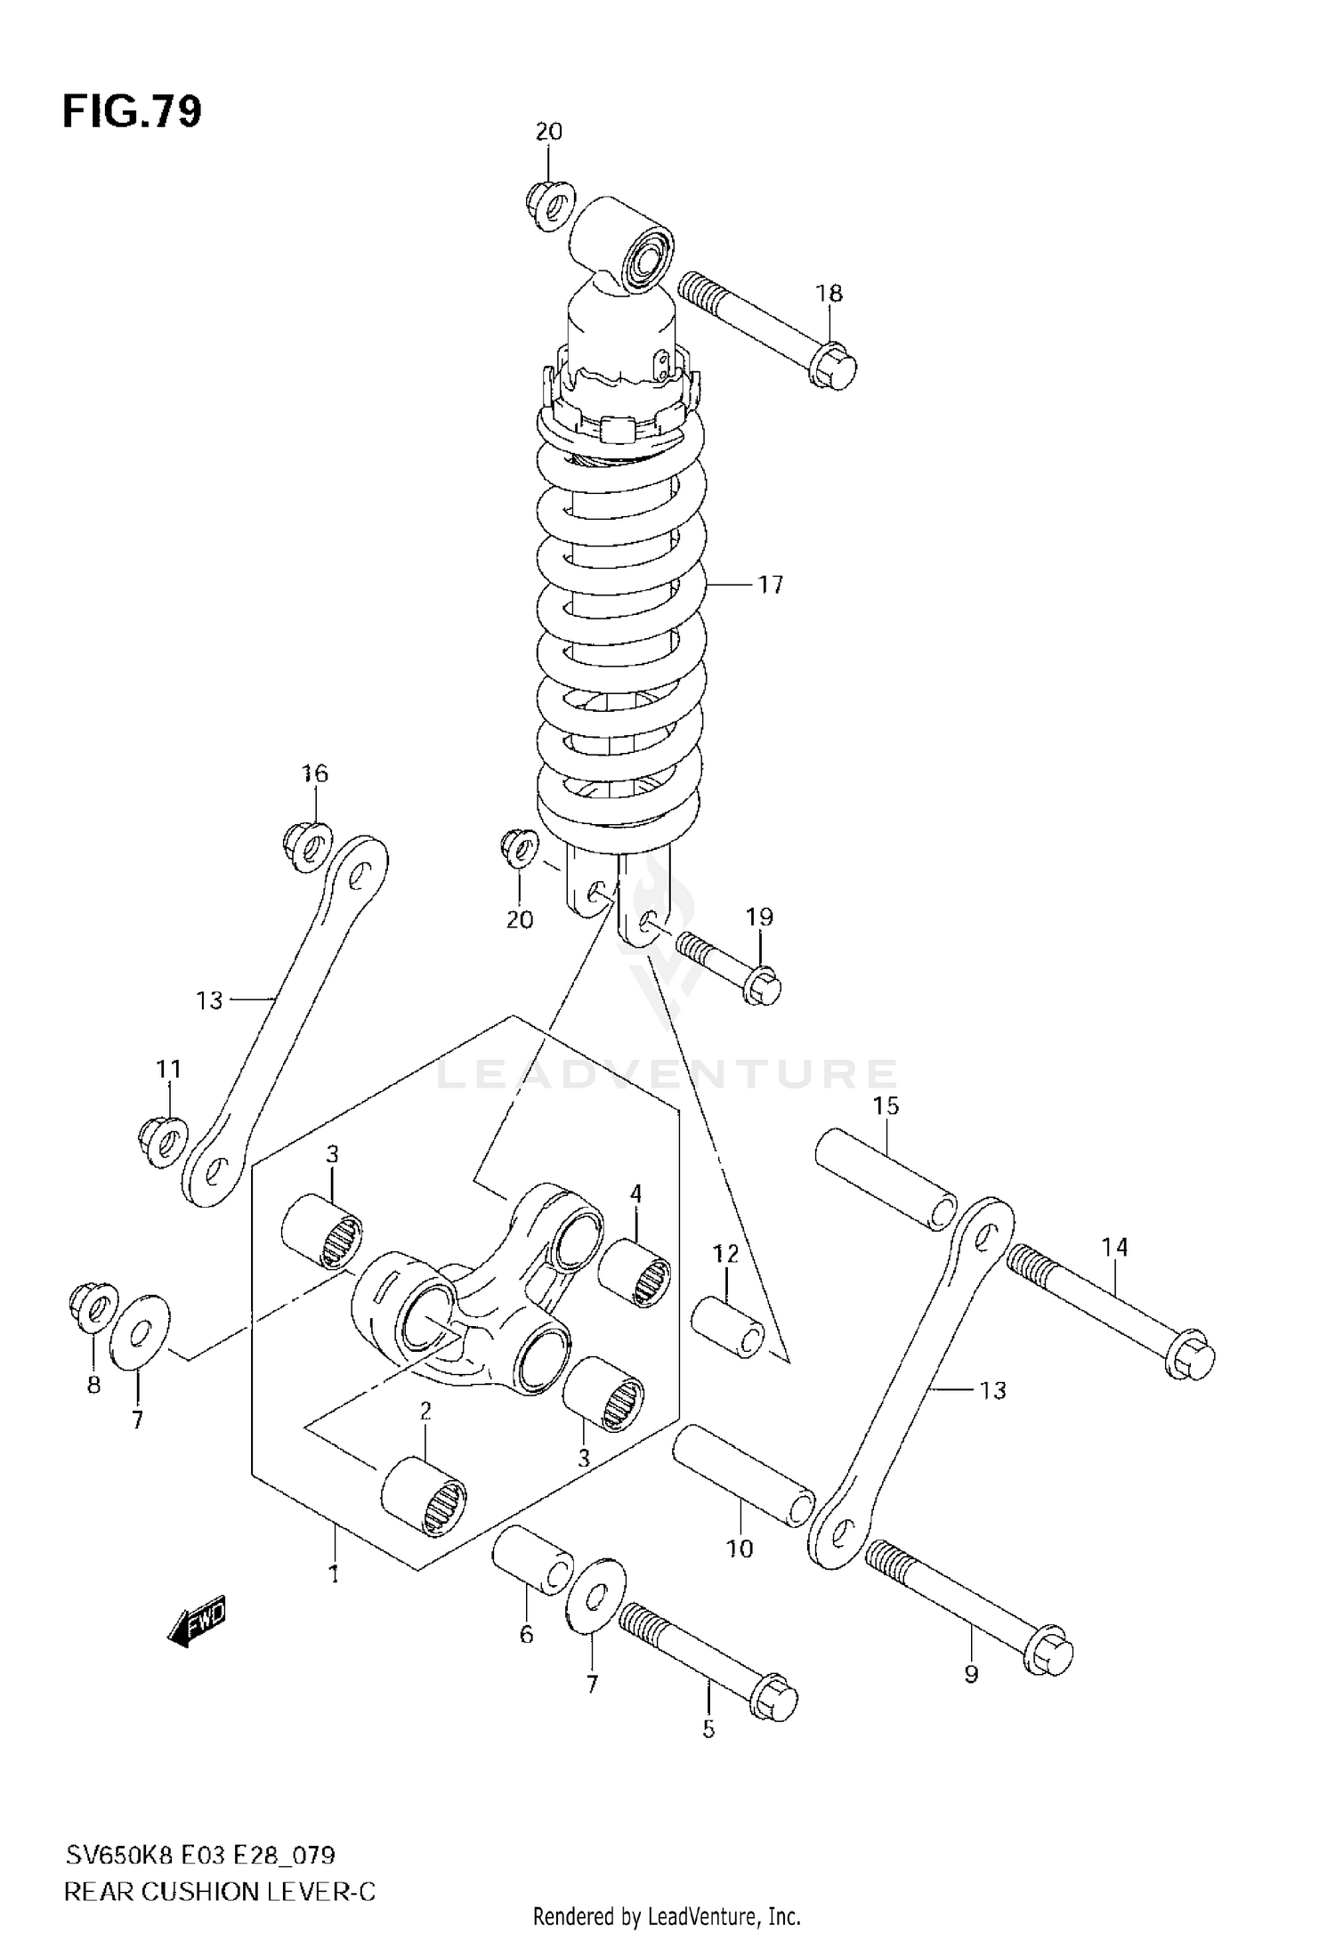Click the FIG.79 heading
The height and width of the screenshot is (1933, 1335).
click(x=133, y=112)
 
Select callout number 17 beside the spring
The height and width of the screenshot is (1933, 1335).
click(x=771, y=585)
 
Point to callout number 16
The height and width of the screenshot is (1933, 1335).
click(x=315, y=773)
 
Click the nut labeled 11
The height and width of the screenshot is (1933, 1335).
click(x=163, y=1140)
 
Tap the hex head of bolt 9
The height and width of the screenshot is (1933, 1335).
click(x=1050, y=1654)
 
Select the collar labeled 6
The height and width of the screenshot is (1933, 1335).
click(x=532, y=1569)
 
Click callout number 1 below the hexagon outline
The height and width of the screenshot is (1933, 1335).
click(x=334, y=1574)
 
